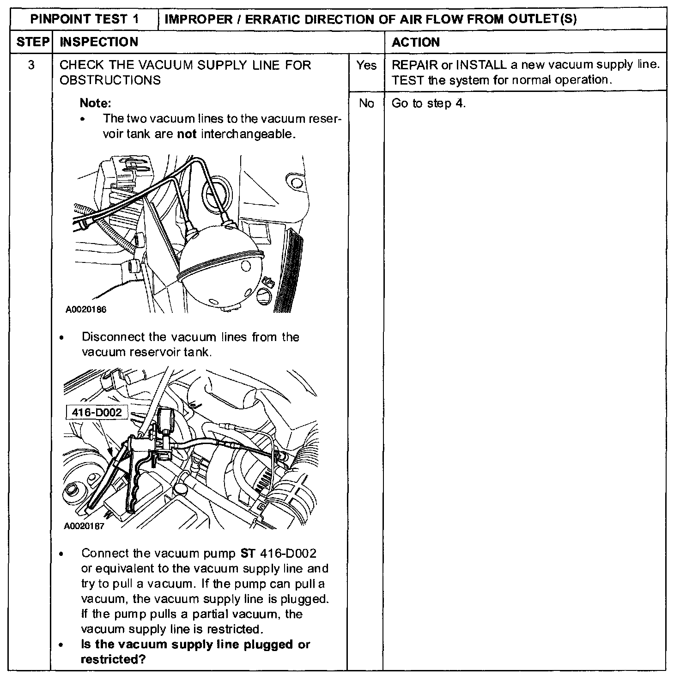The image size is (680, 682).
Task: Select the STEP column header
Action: point(33,42)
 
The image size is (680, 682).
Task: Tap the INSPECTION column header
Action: point(99,42)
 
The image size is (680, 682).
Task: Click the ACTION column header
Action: point(415,43)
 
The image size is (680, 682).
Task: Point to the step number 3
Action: point(31,65)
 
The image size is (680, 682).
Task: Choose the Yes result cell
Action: point(366,66)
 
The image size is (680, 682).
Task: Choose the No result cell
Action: point(366,104)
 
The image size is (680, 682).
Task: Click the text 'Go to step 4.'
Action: point(429,104)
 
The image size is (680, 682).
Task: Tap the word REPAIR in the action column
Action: point(414,65)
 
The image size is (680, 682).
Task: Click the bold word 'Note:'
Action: point(96,103)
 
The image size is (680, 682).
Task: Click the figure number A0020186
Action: point(86,310)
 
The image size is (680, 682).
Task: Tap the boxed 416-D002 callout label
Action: point(97,412)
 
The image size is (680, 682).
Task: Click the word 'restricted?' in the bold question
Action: point(113,659)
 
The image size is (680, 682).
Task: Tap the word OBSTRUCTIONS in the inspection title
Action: point(110,80)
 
